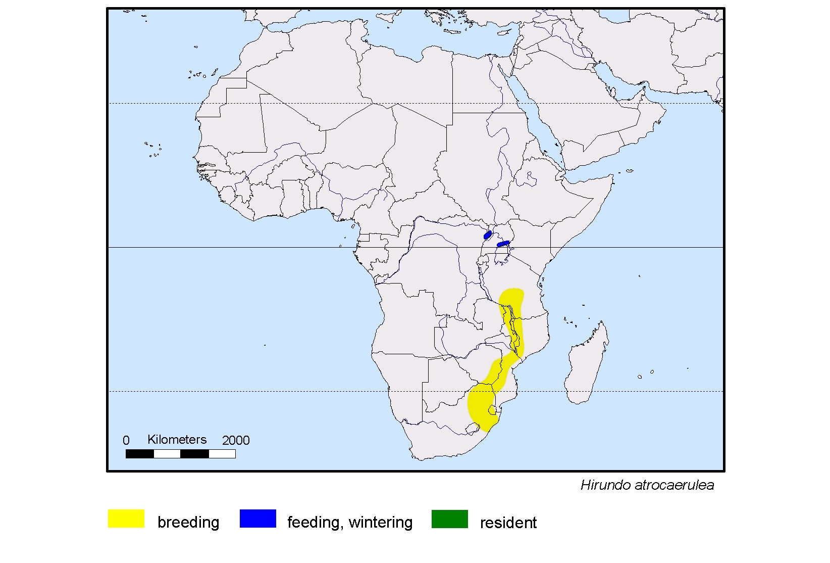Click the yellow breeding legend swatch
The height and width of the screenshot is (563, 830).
(x=126, y=519)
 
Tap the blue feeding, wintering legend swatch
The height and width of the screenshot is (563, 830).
(x=257, y=519)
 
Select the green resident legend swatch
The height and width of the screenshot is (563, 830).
(x=449, y=519)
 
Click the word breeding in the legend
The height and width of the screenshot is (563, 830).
(x=188, y=522)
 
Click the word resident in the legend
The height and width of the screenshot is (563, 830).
(x=508, y=523)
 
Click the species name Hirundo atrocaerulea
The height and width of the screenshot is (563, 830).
(x=647, y=485)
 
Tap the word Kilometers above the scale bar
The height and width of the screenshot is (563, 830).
(x=177, y=440)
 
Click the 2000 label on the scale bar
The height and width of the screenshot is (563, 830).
(x=236, y=441)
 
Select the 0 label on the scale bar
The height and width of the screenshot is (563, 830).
(x=126, y=441)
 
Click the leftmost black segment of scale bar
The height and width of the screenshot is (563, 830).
(x=139, y=454)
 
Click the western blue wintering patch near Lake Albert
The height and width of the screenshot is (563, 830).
(x=488, y=235)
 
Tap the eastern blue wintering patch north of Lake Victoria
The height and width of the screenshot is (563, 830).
(x=503, y=244)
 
